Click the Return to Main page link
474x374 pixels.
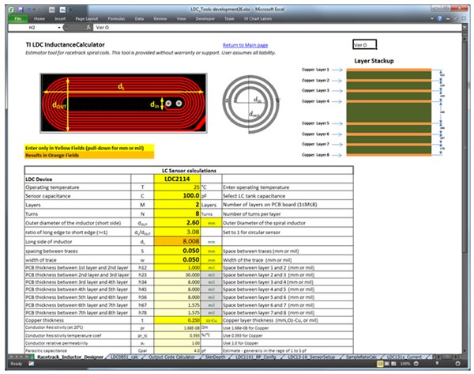click(x=246, y=46)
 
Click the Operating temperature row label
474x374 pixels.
click(x=50, y=186)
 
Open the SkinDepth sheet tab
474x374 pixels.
click(x=210, y=357)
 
